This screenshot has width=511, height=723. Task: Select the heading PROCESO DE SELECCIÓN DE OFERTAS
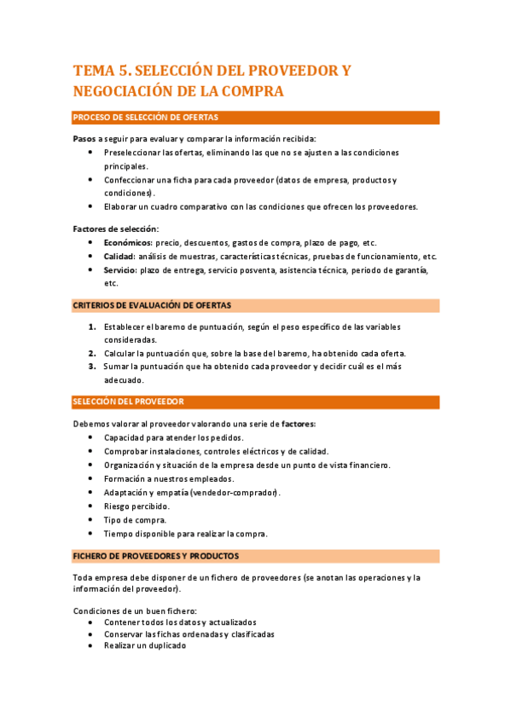pos(145,118)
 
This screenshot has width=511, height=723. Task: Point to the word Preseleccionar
pos(132,153)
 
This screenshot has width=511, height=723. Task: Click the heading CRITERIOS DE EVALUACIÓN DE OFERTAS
pos(152,304)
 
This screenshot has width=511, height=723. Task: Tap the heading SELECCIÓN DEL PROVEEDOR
pos(129,401)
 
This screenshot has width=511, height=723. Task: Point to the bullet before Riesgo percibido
pos(91,506)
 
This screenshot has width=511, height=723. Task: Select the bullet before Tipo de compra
pos(91,520)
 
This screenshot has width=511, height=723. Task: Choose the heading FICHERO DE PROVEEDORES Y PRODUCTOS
pos(156,556)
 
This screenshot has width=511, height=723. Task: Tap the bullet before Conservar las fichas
pos(91,634)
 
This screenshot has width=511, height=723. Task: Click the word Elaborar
pos(123,207)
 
